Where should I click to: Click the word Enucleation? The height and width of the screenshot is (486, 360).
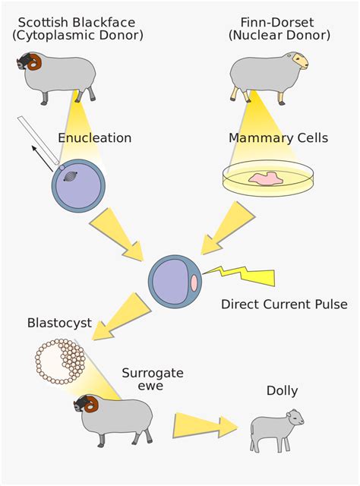tap(95, 138)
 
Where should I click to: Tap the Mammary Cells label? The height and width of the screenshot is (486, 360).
tap(278, 138)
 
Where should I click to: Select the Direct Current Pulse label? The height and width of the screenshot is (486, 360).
tap(284, 304)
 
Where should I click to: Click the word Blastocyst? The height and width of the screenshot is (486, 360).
tap(59, 323)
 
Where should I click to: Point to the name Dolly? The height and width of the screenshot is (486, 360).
tap(282, 390)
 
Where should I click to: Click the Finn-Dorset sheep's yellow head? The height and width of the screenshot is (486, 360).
tap(299, 60)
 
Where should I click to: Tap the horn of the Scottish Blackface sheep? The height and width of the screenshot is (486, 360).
tap(34, 62)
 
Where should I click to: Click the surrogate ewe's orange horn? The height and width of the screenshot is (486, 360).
tap(91, 405)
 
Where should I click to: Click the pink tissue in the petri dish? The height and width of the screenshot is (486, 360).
tap(266, 179)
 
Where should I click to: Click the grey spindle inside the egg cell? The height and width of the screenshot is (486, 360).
tap(71, 176)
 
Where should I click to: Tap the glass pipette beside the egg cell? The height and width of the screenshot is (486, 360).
tap(38, 140)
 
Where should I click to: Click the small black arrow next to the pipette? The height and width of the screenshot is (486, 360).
tap(43, 159)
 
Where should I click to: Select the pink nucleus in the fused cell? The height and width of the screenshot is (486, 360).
tap(194, 283)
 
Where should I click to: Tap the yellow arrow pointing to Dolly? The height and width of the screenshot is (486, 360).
tap(205, 425)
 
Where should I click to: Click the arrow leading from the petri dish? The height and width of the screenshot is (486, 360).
tap(228, 228)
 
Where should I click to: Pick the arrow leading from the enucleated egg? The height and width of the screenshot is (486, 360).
tap(116, 235)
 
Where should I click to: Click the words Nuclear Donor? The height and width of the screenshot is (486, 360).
tap(279, 35)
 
